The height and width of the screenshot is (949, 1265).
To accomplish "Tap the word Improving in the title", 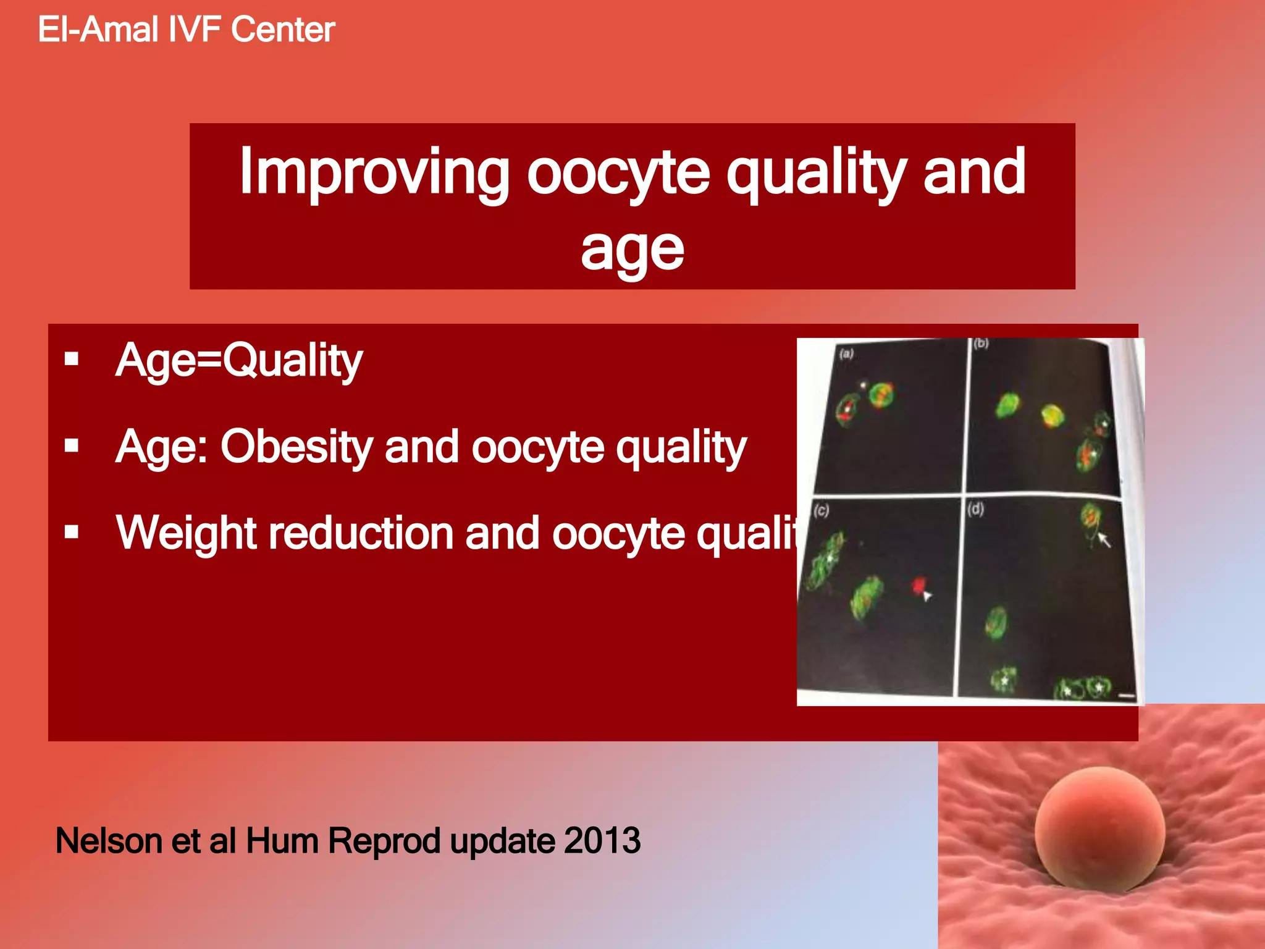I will pyautogui.click(x=374, y=173).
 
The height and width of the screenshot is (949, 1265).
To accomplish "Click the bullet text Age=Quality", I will pyautogui.click(x=239, y=361).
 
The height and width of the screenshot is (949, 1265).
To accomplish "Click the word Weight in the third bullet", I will pyautogui.click(x=185, y=533).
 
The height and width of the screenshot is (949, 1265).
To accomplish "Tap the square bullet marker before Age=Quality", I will pyautogui.click(x=72, y=359).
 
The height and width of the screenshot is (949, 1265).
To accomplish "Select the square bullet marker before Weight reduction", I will pyautogui.click(x=72, y=531).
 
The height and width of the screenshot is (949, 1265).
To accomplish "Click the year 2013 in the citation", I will pyautogui.click(x=602, y=841).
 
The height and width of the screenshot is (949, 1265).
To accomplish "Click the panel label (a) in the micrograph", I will pyautogui.click(x=846, y=353).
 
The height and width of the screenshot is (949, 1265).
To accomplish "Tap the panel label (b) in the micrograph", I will pyautogui.click(x=981, y=344).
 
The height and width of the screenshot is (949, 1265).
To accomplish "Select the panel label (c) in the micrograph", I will pyautogui.click(x=821, y=510).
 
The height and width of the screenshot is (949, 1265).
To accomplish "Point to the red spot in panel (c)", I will pyautogui.click(x=919, y=584).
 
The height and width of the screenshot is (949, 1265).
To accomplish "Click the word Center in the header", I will pyautogui.click(x=283, y=30).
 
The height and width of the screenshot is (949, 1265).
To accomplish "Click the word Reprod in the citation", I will pyautogui.click(x=384, y=841).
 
